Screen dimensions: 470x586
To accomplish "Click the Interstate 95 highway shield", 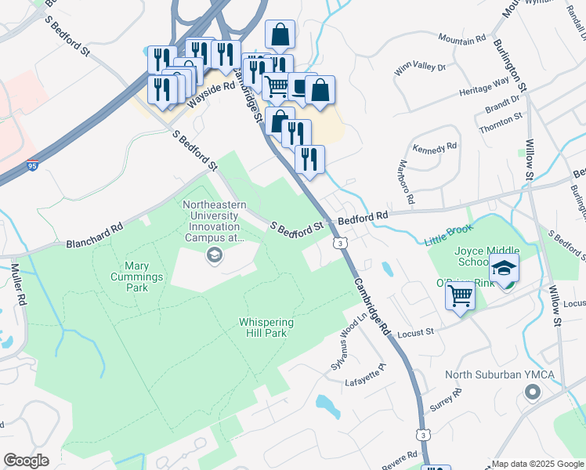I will (x=31, y=166).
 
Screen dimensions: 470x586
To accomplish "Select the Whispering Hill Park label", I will (x=266, y=327).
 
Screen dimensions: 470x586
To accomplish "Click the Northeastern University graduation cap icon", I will (x=213, y=255).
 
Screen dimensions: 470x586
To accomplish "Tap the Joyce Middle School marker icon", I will (x=505, y=269).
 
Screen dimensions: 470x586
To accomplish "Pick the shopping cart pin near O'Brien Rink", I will (x=460, y=296).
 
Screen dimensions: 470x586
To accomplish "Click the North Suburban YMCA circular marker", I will (x=533, y=392).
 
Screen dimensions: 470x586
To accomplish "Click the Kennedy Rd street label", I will (x=434, y=147).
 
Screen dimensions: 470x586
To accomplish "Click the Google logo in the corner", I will (x=26, y=461).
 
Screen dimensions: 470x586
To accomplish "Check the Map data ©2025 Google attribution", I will (x=537, y=464).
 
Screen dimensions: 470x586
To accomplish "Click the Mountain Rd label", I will (x=462, y=38).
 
